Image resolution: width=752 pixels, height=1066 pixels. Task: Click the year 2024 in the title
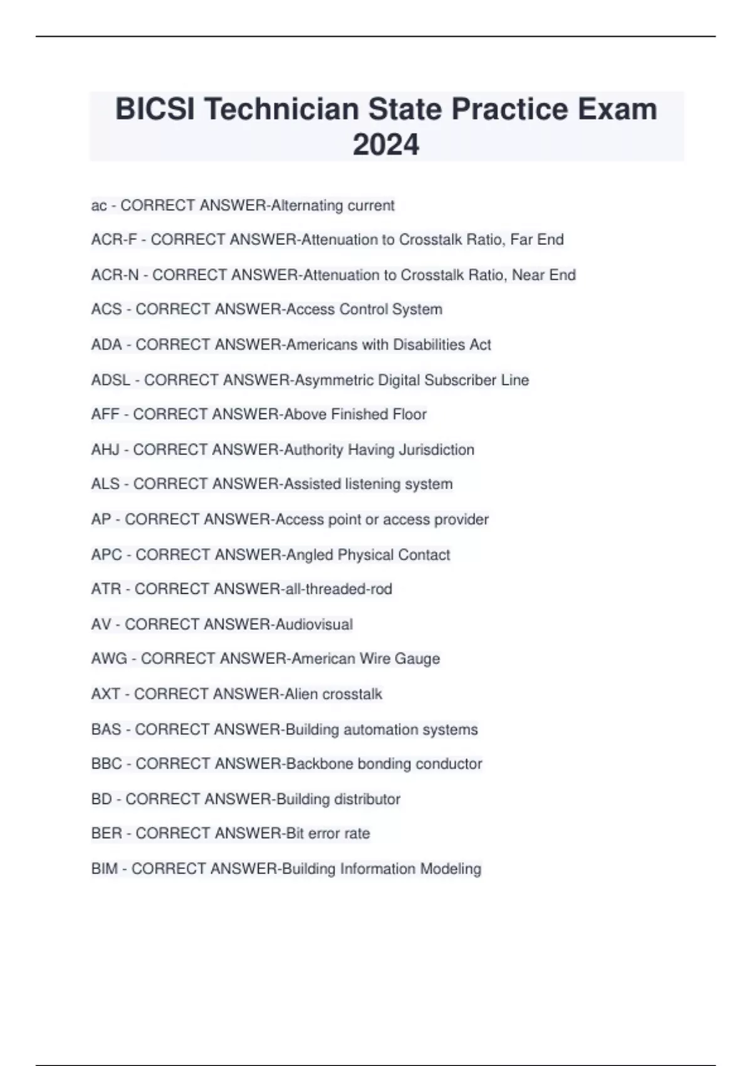click(x=385, y=144)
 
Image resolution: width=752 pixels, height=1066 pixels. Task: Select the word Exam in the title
click(x=617, y=109)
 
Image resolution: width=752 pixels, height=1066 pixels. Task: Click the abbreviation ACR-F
click(x=113, y=240)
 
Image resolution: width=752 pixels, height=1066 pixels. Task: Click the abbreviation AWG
click(x=109, y=658)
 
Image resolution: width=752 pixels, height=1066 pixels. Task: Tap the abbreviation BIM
click(x=104, y=868)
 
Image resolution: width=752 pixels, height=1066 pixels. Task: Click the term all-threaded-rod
click(x=338, y=589)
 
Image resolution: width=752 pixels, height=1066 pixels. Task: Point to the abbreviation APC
click(x=107, y=555)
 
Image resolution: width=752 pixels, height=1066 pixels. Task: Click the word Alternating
click(x=306, y=206)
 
